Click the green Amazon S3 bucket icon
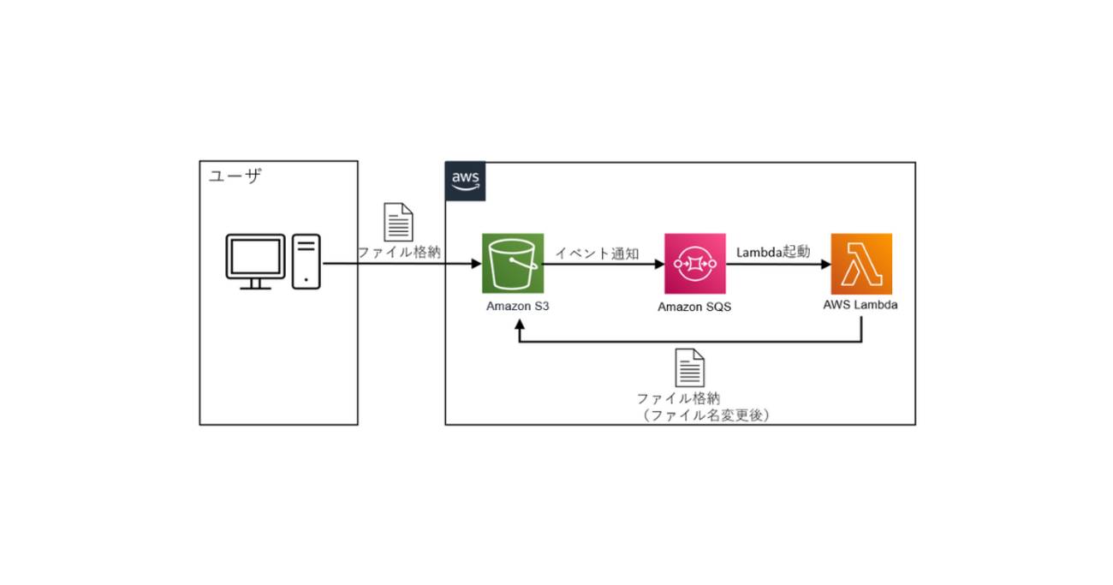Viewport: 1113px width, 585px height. point(512,264)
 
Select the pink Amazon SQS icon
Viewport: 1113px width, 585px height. point(694,264)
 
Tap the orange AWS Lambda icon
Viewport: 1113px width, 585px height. point(861,264)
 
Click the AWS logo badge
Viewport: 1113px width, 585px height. point(465,181)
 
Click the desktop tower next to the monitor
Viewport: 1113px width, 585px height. point(307,261)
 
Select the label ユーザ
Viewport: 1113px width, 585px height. point(235,176)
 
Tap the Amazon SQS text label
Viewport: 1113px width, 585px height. point(694,307)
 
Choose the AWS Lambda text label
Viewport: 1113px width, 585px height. point(860,304)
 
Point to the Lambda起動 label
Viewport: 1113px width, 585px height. point(773,253)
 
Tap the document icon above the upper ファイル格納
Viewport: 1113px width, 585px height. point(398,222)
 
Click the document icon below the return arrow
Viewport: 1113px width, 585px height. point(690,367)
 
